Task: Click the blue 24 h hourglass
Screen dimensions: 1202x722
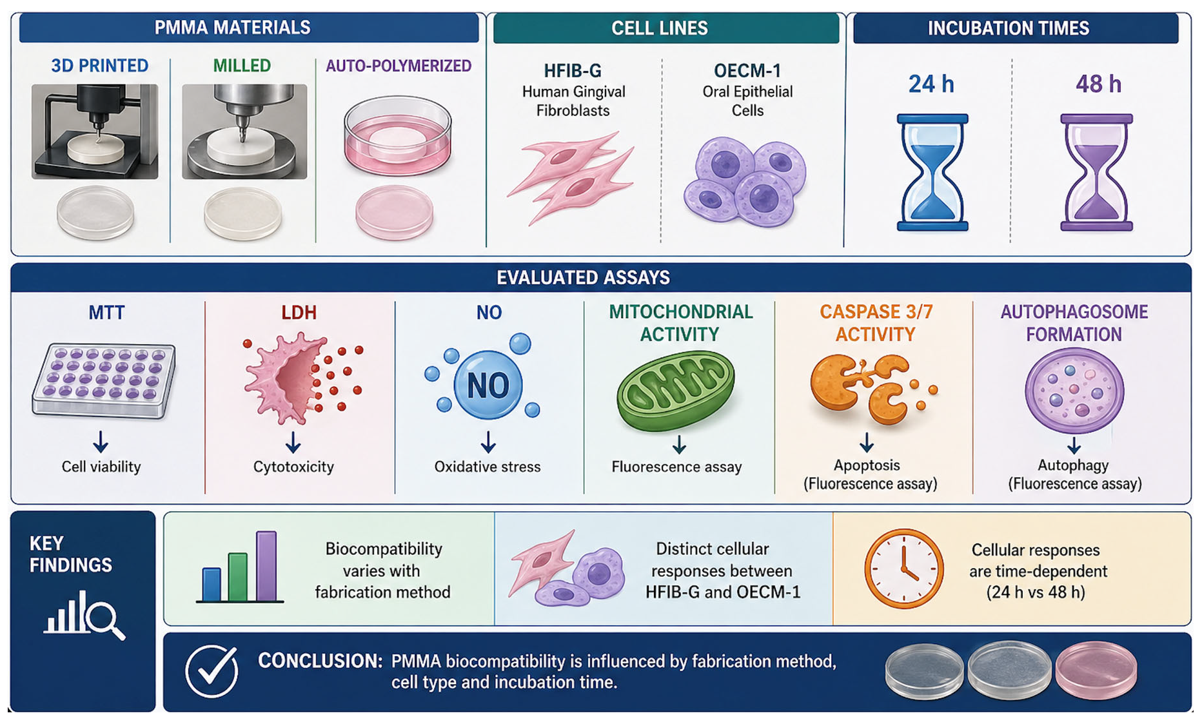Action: point(932,173)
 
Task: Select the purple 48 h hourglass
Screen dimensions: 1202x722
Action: point(1097,173)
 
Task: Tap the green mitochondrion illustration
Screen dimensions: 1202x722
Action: point(676,391)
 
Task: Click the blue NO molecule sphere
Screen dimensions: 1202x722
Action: point(488,385)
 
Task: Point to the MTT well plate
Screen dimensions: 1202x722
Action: point(104,381)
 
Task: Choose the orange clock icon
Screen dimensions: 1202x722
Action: point(904,569)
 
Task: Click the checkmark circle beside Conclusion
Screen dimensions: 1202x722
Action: point(212,671)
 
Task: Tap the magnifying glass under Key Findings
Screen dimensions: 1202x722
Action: point(105,620)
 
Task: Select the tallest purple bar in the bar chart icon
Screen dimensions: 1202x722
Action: point(266,566)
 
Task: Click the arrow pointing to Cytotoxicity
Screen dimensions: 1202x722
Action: point(293,443)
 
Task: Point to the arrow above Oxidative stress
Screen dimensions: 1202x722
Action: point(488,442)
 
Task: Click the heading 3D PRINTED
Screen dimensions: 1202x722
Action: point(100,66)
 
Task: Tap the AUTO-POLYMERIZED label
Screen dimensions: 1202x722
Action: point(399,66)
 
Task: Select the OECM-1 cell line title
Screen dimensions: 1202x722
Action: point(747,70)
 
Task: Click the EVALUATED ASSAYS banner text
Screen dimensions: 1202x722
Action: point(584,278)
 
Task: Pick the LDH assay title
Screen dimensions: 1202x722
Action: point(299,313)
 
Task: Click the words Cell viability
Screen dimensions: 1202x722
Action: point(101,467)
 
